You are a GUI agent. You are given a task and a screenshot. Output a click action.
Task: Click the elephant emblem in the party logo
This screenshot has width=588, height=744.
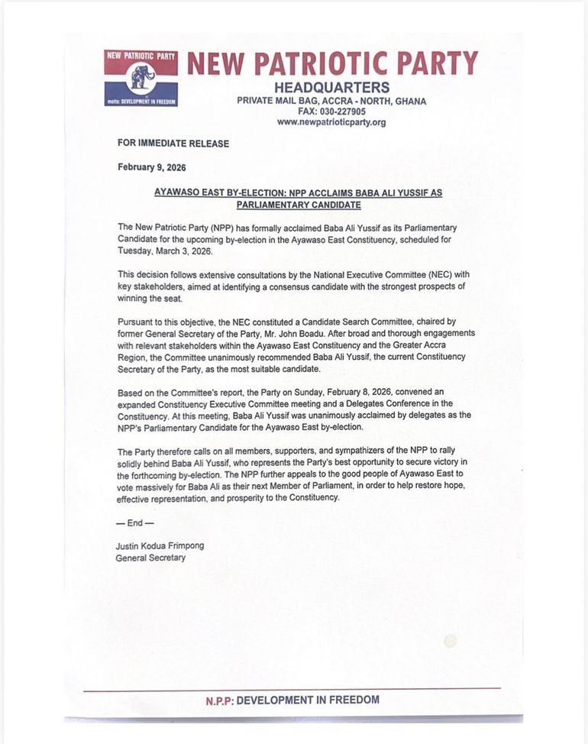tap(141, 76)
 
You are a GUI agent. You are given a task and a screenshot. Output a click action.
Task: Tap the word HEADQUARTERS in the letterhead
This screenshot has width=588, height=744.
tap(331, 87)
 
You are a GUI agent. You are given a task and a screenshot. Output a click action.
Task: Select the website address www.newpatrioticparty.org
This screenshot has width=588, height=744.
tap(331, 122)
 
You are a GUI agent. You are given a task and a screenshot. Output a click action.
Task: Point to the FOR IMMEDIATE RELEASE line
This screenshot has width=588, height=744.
tap(173, 143)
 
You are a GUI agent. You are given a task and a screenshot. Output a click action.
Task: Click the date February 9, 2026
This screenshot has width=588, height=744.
tap(152, 167)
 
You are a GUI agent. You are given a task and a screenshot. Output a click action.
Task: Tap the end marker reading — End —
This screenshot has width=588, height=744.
tap(134, 524)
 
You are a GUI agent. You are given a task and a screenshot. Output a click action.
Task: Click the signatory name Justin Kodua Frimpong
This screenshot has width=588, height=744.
tap(160, 546)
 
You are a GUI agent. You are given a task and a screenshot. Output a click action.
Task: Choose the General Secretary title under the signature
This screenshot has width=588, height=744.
tap(150, 558)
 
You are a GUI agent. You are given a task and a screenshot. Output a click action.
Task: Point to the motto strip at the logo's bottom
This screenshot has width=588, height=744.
tap(141, 101)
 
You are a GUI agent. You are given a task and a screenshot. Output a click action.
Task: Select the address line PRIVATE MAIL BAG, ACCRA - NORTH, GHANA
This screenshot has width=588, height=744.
tap(331, 101)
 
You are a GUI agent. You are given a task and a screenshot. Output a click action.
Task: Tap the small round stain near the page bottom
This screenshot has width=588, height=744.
tap(451, 640)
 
